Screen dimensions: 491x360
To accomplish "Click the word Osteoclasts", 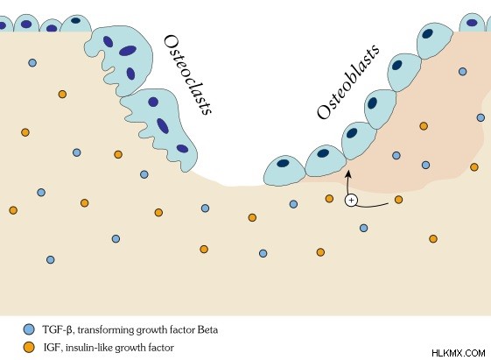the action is pos(188,75).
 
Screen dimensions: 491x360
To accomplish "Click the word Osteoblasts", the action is pos(348,82).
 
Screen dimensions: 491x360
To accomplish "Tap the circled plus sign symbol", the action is pos(351,201).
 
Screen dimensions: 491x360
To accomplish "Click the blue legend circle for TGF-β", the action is pos(29,329).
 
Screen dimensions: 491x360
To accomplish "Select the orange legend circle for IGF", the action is pos(29,347).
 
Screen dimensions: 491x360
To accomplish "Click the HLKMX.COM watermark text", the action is pos(459,353).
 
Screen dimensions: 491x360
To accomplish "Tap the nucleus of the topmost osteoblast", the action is pos(427,33).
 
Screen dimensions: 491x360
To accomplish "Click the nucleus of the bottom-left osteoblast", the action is pos(283,163).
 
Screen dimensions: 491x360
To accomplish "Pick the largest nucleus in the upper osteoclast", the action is pos(128,51).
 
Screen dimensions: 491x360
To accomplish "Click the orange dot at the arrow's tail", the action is pos(398,200).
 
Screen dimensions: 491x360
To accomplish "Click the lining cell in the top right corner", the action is pos(473,23).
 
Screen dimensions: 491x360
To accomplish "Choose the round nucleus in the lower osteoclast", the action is pos(153,102).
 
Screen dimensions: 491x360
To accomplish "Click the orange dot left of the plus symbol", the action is pos(329,198).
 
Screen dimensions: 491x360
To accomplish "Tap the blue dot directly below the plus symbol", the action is pos(363,228).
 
